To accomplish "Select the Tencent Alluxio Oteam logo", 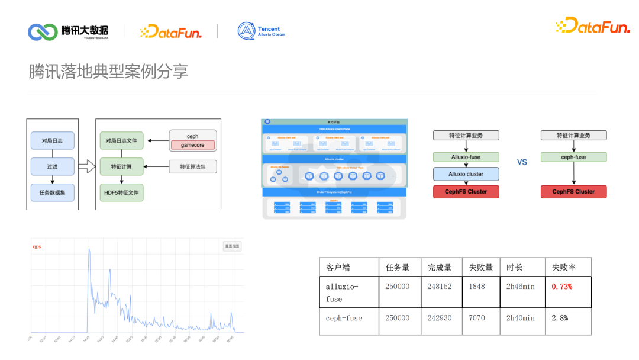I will point(261,31).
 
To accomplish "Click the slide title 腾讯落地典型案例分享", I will point(109,71).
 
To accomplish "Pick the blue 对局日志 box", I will point(53,141).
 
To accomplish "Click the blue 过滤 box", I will point(53,166).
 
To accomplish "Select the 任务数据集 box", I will point(53,192).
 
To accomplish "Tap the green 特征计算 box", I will point(121,166).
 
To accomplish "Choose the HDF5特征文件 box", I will point(121,192).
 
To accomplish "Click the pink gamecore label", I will point(192,145).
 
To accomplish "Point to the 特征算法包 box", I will point(192,167).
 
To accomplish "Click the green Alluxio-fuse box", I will point(466,157).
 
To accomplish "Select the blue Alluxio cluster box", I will point(466,174).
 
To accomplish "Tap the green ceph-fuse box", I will point(573,157).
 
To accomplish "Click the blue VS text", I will point(521,162).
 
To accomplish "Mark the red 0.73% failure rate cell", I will point(561,287).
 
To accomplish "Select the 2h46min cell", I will point(520,287).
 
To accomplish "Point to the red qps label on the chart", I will point(37,246).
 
